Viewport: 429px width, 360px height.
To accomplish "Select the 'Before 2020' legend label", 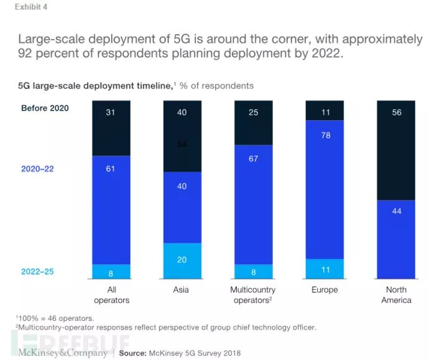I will point(45,108).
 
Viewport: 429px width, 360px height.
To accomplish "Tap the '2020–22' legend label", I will point(37,168).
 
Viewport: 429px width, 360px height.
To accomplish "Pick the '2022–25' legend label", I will point(37,272).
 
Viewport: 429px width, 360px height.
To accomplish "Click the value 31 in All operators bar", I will point(111,112).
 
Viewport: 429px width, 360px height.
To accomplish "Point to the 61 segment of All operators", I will point(111,168).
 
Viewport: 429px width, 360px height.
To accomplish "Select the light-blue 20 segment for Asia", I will point(182,259).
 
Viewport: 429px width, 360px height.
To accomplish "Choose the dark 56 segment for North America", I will point(396,113).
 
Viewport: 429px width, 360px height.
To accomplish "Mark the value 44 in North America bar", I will point(396,211).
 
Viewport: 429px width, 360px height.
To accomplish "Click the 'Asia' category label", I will point(182,290).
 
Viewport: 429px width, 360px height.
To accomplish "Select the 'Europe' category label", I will point(324,290).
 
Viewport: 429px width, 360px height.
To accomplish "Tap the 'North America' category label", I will point(396,295).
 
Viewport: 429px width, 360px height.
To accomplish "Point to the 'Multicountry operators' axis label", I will point(253,295).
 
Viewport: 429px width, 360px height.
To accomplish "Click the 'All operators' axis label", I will point(111,295).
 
